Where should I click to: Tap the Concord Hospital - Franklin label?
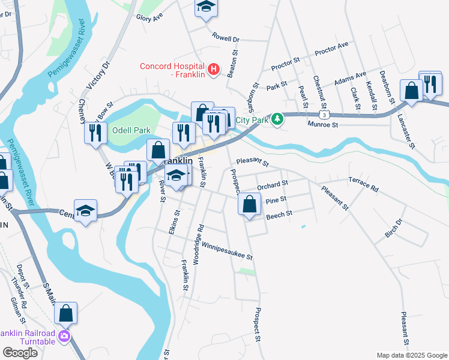point(172,71)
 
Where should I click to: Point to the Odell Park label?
point(130,130)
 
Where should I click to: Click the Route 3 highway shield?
point(324,113)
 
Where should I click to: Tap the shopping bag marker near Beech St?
point(249,204)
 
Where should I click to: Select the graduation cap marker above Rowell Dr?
point(205,7)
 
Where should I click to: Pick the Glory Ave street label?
point(149,18)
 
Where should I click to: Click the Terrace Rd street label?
point(364,184)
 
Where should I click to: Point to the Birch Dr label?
point(393,227)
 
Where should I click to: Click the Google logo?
point(20,353)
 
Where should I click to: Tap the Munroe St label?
point(324,125)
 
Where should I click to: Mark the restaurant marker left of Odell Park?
point(95,133)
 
